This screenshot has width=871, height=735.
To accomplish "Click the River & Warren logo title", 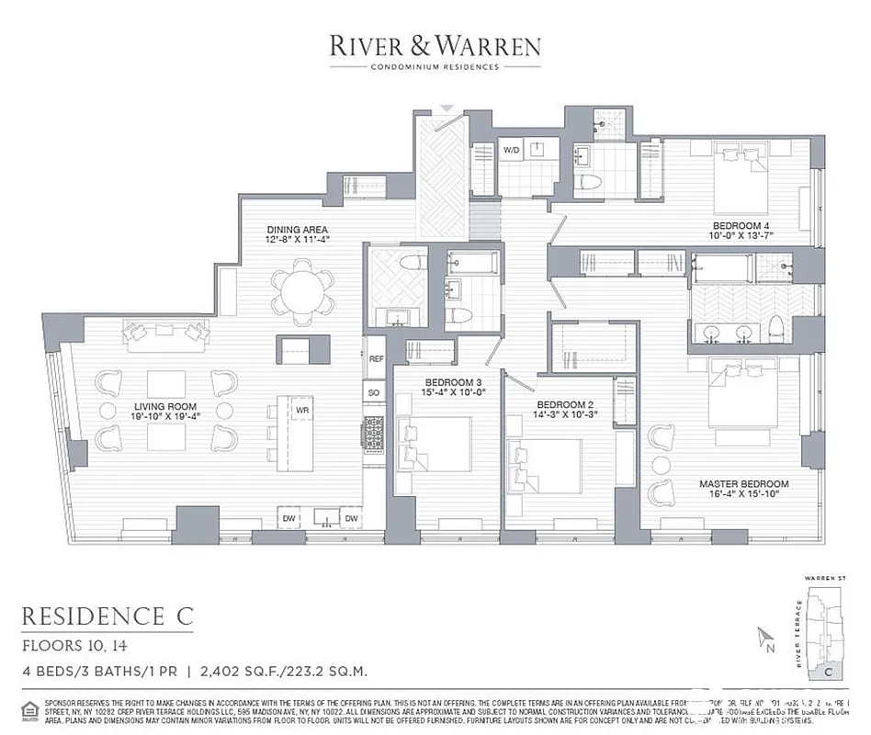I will tap(435, 46).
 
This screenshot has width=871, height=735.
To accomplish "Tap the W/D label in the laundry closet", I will tap(512, 149).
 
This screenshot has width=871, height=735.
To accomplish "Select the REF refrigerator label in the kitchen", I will tap(376, 359).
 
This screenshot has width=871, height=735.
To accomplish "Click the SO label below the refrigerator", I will tap(375, 392).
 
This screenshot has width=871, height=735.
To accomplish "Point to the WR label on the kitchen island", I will tap(301, 410).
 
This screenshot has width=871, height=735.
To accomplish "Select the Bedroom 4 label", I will tap(741, 225).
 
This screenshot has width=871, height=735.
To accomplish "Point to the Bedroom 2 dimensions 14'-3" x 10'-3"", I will tap(567, 414).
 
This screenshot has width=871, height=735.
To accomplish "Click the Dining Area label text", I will tap(297, 230).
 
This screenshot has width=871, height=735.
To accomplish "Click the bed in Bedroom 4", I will tap(738, 177).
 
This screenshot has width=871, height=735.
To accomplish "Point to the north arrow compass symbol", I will tap(763, 638).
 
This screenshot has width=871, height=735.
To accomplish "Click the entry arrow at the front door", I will tap(446, 108).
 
